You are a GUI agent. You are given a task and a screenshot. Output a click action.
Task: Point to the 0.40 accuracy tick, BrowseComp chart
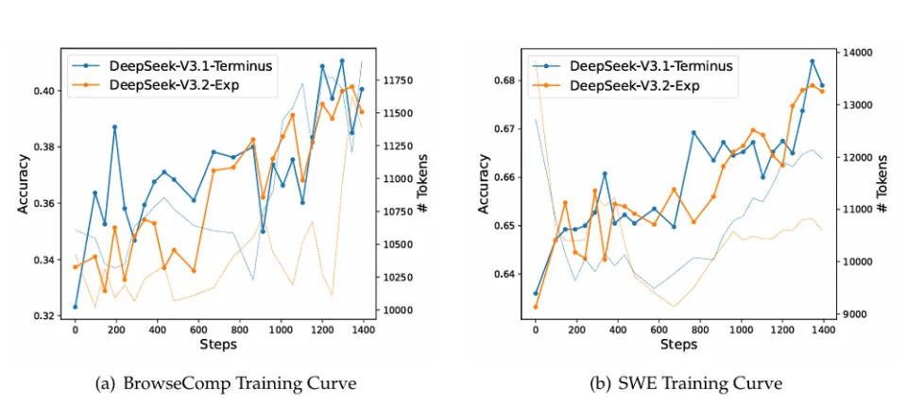pyautogui.click(x=45, y=91)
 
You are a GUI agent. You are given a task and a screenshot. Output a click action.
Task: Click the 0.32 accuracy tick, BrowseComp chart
pyautogui.click(x=45, y=315)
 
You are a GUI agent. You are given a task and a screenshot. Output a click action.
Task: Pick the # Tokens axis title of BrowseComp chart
pyautogui.click(x=424, y=184)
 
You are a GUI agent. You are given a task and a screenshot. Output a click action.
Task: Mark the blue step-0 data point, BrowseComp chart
pyautogui.click(x=75, y=307)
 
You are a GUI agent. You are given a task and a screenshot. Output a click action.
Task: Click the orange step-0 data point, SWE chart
pyautogui.click(x=535, y=307)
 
